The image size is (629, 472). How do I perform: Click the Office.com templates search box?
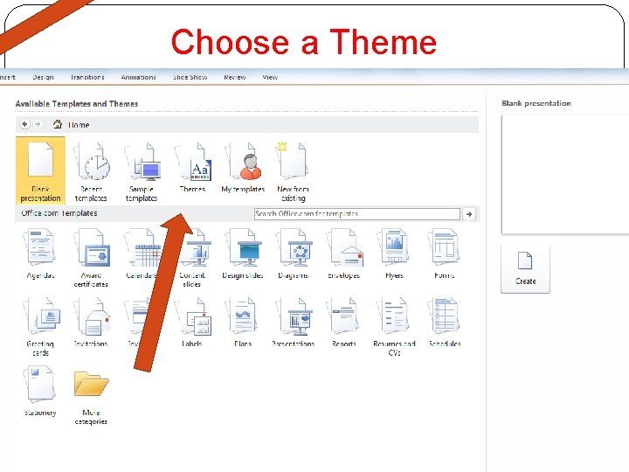click(x=356, y=213)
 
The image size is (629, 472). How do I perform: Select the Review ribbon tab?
click(x=234, y=77)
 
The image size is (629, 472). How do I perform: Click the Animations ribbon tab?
click(x=138, y=77)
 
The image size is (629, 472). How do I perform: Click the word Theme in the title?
click(x=383, y=42)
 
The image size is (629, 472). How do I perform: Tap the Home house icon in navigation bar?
click(x=58, y=124)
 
